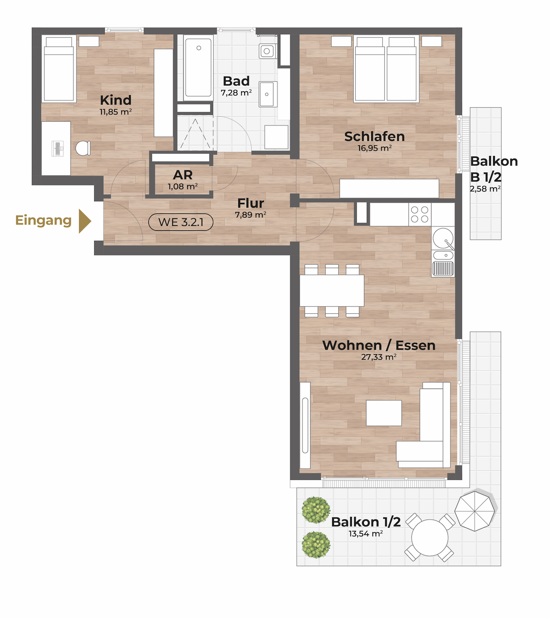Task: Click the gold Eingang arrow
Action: click(85, 221)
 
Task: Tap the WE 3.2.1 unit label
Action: click(181, 222)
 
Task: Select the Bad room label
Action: click(236, 81)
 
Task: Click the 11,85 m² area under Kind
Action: click(116, 112)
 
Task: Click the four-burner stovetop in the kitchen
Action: click(420, 214)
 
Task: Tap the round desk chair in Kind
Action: click(83, 148)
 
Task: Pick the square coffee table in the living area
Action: click(384, 413)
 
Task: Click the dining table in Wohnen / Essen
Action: click(332, 290)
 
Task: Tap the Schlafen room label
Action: click(375, 137)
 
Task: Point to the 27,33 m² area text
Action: click(379, 357)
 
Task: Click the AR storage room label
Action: click(183, 175)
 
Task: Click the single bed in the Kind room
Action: click(59, 69)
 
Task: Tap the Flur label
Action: click(250, 203)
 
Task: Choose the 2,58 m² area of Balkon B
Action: click(485, 189)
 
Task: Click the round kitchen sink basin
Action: click(443, 239)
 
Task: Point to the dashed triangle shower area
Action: click(195, 134)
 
